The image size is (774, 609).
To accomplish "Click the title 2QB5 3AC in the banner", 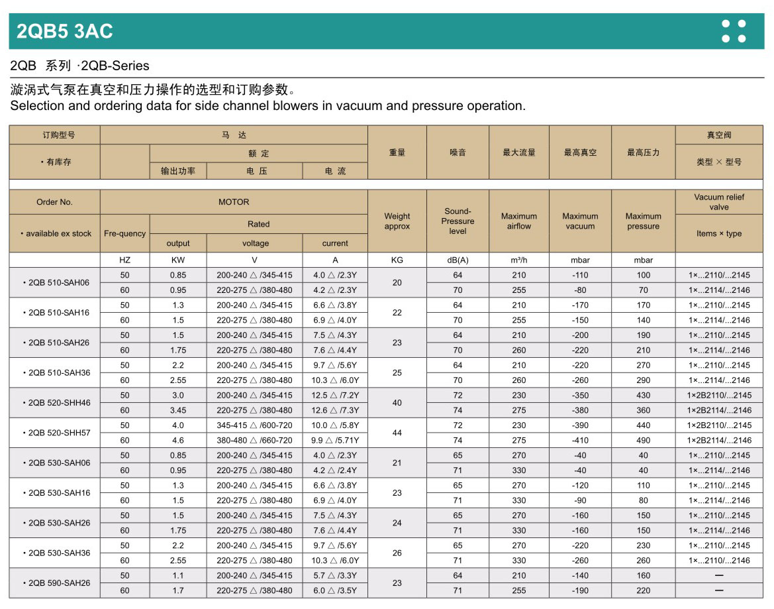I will tap(65, 31).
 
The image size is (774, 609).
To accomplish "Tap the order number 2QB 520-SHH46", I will tap(59, 403).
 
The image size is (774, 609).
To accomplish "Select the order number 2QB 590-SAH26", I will tap(59, 583).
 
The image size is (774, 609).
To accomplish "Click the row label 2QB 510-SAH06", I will tap(59, 282).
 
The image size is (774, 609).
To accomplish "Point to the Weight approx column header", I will tap(397, 221).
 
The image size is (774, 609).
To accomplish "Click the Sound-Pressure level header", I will tap(458, 221).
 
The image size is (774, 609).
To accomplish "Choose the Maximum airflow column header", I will tap(519, 221).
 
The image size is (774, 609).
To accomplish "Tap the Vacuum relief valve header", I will tap(719, 202).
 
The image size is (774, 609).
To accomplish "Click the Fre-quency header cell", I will tap(125, 233).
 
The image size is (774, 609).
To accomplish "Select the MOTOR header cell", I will tap(234, 202).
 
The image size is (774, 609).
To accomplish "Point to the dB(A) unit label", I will tap(458, 260).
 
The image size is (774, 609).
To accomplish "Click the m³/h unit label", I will tap(519, 260).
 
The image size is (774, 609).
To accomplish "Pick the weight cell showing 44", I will tap(397, 433).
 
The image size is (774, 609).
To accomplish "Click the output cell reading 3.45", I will tap(178, 410).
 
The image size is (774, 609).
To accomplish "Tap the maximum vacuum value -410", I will tap(580, 440).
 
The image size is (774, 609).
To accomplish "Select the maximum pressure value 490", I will tap(644, 440).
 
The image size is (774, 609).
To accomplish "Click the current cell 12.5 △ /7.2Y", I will tap(335, 395).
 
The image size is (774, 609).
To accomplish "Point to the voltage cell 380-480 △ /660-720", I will tap(254, 440).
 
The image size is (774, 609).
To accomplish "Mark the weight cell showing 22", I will tap(397, 313).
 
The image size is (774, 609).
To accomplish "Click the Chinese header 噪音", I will tap(458, 152).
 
